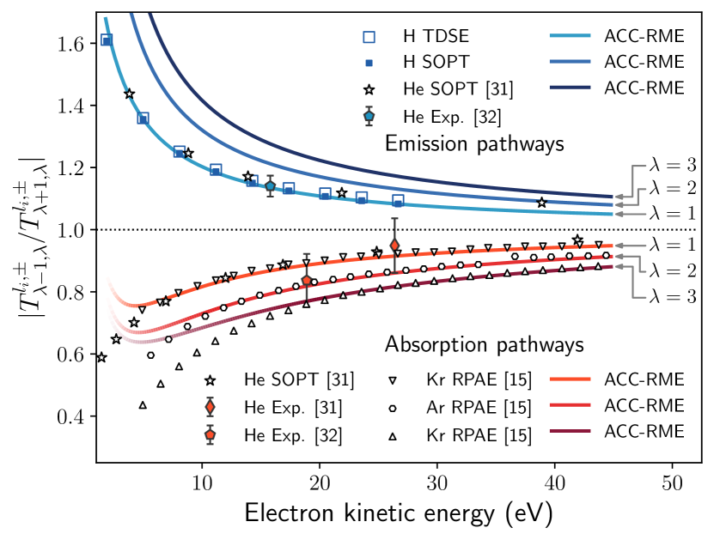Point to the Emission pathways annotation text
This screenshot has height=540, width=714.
(x=474, y=143)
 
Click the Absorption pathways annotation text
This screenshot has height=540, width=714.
(x=485, y=345)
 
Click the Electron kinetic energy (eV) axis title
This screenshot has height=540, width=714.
(x=398, y=513)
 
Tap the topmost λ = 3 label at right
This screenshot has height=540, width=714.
(x=673, y=165)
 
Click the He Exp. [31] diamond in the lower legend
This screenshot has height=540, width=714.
(x=210, y=406)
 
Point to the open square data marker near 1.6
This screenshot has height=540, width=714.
(x=107, y=39)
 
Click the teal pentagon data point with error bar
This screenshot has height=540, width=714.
(x=270, y=186)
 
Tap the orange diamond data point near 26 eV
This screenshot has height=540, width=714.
(x=394, y=246)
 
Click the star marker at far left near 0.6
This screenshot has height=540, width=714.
(x=101, y=357)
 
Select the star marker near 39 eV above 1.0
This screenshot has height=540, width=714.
(x=541, y=203)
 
